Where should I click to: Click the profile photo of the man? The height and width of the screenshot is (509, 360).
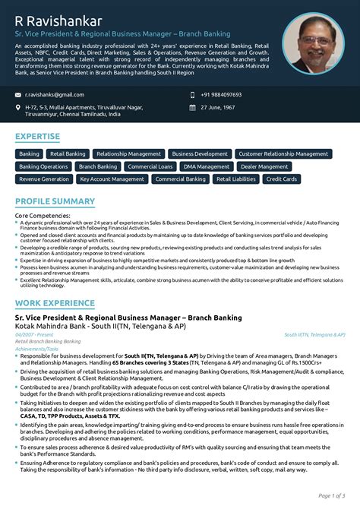(x=313, y=43)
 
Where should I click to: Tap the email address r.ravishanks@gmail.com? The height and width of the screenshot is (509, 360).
(x=55, y=94)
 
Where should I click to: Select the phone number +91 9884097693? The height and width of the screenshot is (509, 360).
(x=221, y=94)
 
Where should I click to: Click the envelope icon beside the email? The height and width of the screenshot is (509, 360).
(x=17, y=95)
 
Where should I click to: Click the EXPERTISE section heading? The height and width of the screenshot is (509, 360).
(x=37, y=137)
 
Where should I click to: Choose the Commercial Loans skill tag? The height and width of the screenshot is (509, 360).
(x=150, y=166)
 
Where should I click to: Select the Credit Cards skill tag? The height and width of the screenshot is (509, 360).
(x=281, y=179)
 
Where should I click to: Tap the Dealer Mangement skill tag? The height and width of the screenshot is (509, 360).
(x=264, y=166)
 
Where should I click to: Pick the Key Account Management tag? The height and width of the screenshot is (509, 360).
(x=112, y=179)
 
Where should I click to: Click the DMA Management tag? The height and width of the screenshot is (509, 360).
(x=207, y=166)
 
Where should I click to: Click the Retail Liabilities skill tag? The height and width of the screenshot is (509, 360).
(x=235, y=179)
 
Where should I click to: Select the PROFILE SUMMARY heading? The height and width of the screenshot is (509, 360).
(x=55, y=201)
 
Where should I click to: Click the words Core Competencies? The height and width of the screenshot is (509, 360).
(x=43, y=216)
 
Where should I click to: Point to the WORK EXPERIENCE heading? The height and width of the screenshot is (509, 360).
(x=55, y=282)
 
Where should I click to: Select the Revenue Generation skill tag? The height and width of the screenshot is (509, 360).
(x=44, y=179)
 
